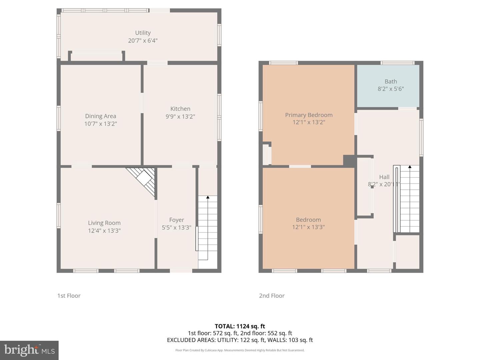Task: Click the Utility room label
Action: click(143, 33)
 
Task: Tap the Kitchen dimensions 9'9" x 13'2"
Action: click(180, 116)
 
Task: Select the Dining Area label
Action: click(100, 116)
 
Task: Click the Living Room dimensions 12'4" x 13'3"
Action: click(104, 230)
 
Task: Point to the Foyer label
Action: click(176, 220)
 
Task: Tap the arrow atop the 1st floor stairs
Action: click(208, 197)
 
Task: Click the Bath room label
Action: click(391, 81)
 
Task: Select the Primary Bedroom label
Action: click(309, 115)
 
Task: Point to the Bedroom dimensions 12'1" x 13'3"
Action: click(308, 227)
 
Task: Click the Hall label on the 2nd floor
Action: click(384, 177)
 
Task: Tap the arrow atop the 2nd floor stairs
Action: click(410, 167)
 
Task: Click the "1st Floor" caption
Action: click(69, 296)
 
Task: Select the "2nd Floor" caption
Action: click(272, 296)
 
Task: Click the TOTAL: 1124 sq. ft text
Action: click(240, 326)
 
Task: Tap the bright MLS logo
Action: click(29, 350)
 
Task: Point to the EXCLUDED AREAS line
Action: click(240, 340)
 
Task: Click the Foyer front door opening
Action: click(181, 271)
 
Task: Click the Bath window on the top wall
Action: click(397, 63)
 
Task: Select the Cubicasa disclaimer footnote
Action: click(240, 350)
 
